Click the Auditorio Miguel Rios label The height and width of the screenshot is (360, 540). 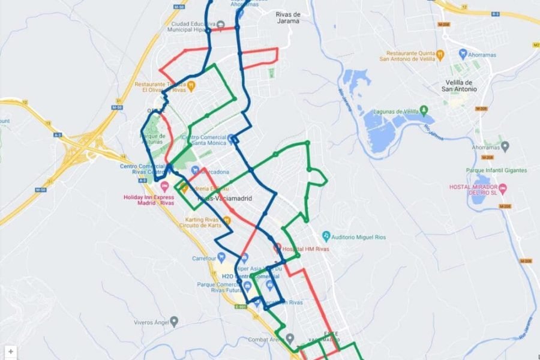pos(359,237)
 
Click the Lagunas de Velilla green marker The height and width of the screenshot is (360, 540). pos(424,110)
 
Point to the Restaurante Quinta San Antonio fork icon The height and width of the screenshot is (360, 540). pos(440,54)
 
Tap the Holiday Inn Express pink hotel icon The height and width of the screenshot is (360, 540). pos(164,184)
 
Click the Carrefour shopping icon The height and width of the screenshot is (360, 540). pos(221,257)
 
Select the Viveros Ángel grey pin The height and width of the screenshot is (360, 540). pos(174,322)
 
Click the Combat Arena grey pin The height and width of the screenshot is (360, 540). pos(290,339)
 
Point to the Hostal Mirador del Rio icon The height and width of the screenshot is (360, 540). pos(503,190)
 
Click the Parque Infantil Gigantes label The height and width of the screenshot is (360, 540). pos(496,170)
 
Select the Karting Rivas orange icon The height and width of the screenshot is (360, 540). pos(227,221)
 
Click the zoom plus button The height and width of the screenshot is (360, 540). pos(11,352)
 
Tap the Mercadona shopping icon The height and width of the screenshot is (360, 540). pos(194,170)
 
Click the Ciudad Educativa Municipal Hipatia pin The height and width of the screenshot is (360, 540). pos(220,25)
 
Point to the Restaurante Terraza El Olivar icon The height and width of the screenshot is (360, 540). pos(191,86)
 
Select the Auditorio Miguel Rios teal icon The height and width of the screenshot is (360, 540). pos(326,235)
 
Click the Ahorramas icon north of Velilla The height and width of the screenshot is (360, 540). pos(463,54)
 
